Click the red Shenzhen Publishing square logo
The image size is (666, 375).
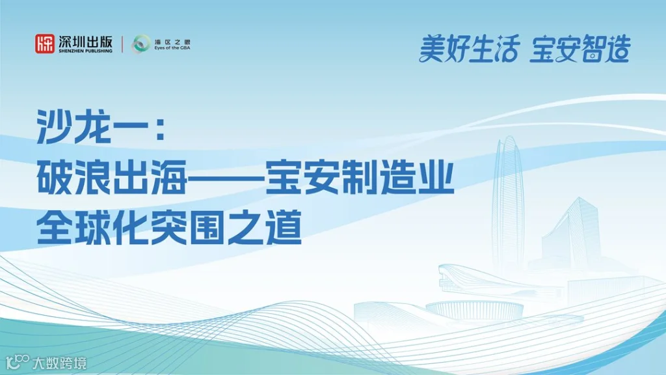tap(45, 44)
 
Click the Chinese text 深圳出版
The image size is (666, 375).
tap(85, 40)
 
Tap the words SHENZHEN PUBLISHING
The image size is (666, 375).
tap(85, 51)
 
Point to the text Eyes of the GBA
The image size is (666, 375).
tap(172, 48)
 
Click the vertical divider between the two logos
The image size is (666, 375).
tap(122, 44)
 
